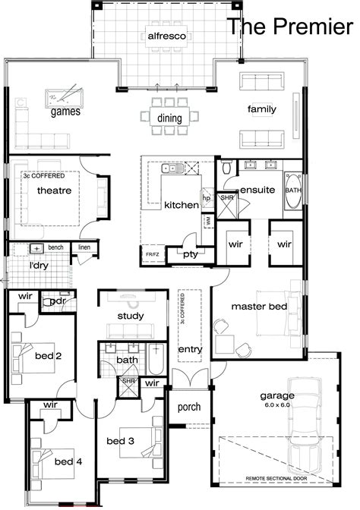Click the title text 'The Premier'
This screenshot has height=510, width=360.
coord(292,27)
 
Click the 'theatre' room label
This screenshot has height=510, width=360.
coord(54,190)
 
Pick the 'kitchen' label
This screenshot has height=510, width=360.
coord(181,205)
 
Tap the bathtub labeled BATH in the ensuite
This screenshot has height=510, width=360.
coord(293,190)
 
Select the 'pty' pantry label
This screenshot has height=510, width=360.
coord(190,254)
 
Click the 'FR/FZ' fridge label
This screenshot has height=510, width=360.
coord(152,254)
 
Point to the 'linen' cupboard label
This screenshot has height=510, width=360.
coord(84,247)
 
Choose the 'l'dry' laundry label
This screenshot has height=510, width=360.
coord(39,266)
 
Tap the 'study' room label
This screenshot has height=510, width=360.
coord(131,315)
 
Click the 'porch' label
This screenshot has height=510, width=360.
coord(188,407)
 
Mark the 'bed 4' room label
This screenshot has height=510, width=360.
coord(63,461)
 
